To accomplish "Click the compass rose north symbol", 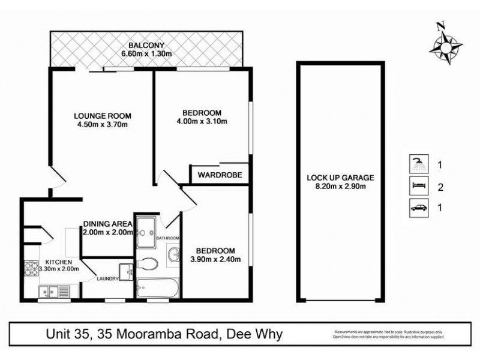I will tap(445, 43).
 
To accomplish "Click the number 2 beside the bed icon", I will tap(440, 187).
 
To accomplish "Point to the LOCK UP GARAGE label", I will tap(340, 178).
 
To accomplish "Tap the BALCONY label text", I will tap(146, 46).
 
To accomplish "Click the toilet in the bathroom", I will tap(148, 263).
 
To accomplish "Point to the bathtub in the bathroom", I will tap(157, 287).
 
